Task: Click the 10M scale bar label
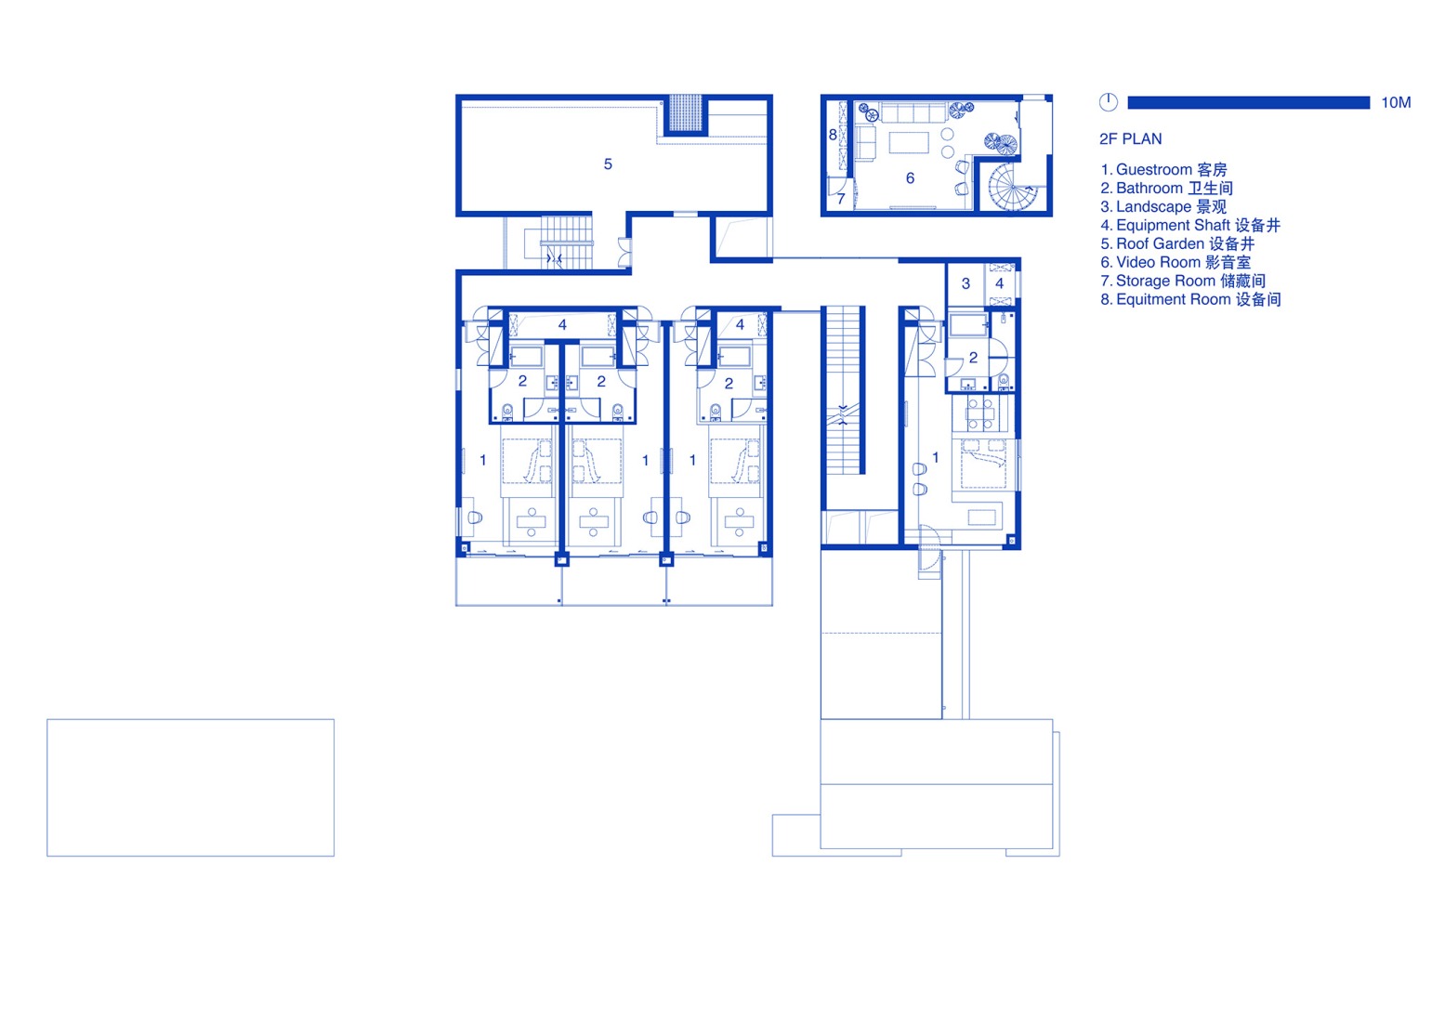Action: point(1395,102)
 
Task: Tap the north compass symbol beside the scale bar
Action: point(1108,102)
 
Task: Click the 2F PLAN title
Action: point(1130,139)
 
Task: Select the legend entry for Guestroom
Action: point(1163,170)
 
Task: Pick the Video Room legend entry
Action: point(1176,263)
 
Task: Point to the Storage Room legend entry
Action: point(1182,282)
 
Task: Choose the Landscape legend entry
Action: point(1163,207)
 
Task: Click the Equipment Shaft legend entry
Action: point(1189,226)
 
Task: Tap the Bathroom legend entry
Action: point(1166,189)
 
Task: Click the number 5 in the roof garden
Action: point(608,164)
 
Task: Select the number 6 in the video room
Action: point(910,178)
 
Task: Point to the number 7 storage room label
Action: point(841,199)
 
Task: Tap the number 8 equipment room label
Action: point(833,135)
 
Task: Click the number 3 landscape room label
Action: point(966,283)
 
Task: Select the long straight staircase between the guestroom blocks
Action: point(845,390)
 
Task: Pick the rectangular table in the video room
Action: point(910,142)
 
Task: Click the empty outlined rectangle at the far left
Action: point(190,787)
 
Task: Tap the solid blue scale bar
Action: point(1248,102)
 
